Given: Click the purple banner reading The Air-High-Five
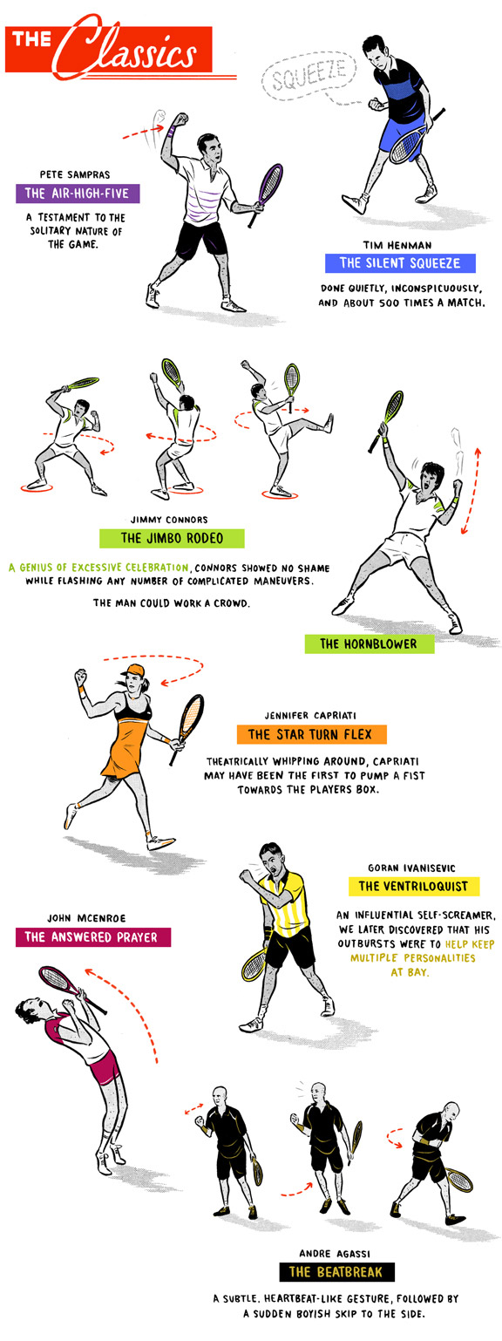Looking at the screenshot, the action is coord(78,194).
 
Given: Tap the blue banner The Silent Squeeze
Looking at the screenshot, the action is coord(400,263).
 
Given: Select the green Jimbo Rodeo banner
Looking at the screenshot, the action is coord(172,538).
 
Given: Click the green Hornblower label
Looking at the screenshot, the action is coord(370,643).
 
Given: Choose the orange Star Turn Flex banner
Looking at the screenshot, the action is coord(311,734).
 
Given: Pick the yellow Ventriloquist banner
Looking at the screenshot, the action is coord(414,886).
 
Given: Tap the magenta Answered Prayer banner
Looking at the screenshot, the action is coord(93,937).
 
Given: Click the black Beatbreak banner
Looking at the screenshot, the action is coord(336,1272).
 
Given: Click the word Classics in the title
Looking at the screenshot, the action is coord(129,49).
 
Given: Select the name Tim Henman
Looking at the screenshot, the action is coord(397,245).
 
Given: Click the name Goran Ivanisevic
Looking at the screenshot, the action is coord(411,868).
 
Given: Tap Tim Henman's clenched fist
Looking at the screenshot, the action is coord(376,105).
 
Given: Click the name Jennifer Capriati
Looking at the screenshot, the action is coord(310,715).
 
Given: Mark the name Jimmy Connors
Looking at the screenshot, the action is coord(169,520).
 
